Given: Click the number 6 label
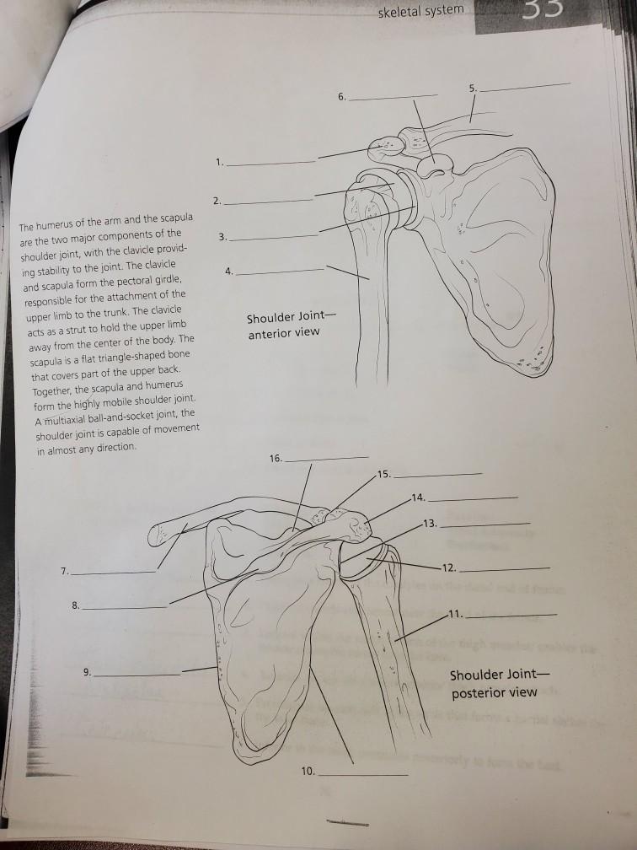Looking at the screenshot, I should click(x=340, y=97).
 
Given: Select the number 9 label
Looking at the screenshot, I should click(x=87, y=673).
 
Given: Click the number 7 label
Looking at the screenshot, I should click(x=64, y=572).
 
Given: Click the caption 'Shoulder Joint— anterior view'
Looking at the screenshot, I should click(x=283, y=325).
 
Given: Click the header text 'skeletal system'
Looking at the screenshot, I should click(x=420, y=10).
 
